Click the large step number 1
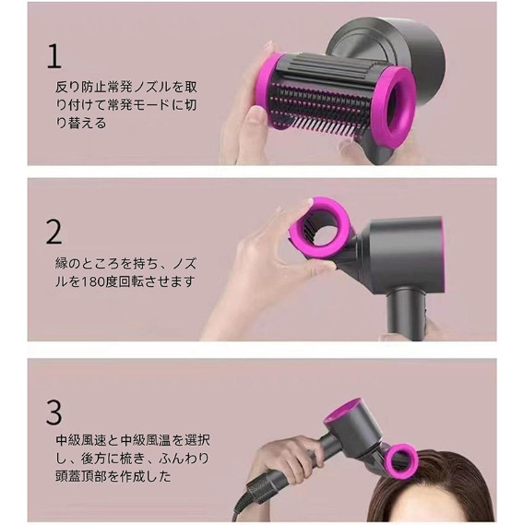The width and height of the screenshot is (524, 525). click(54, 56)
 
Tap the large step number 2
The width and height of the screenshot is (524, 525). click(54, 232)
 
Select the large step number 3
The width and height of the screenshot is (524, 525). click(54, 412)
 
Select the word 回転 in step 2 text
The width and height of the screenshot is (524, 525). click(132, 281)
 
